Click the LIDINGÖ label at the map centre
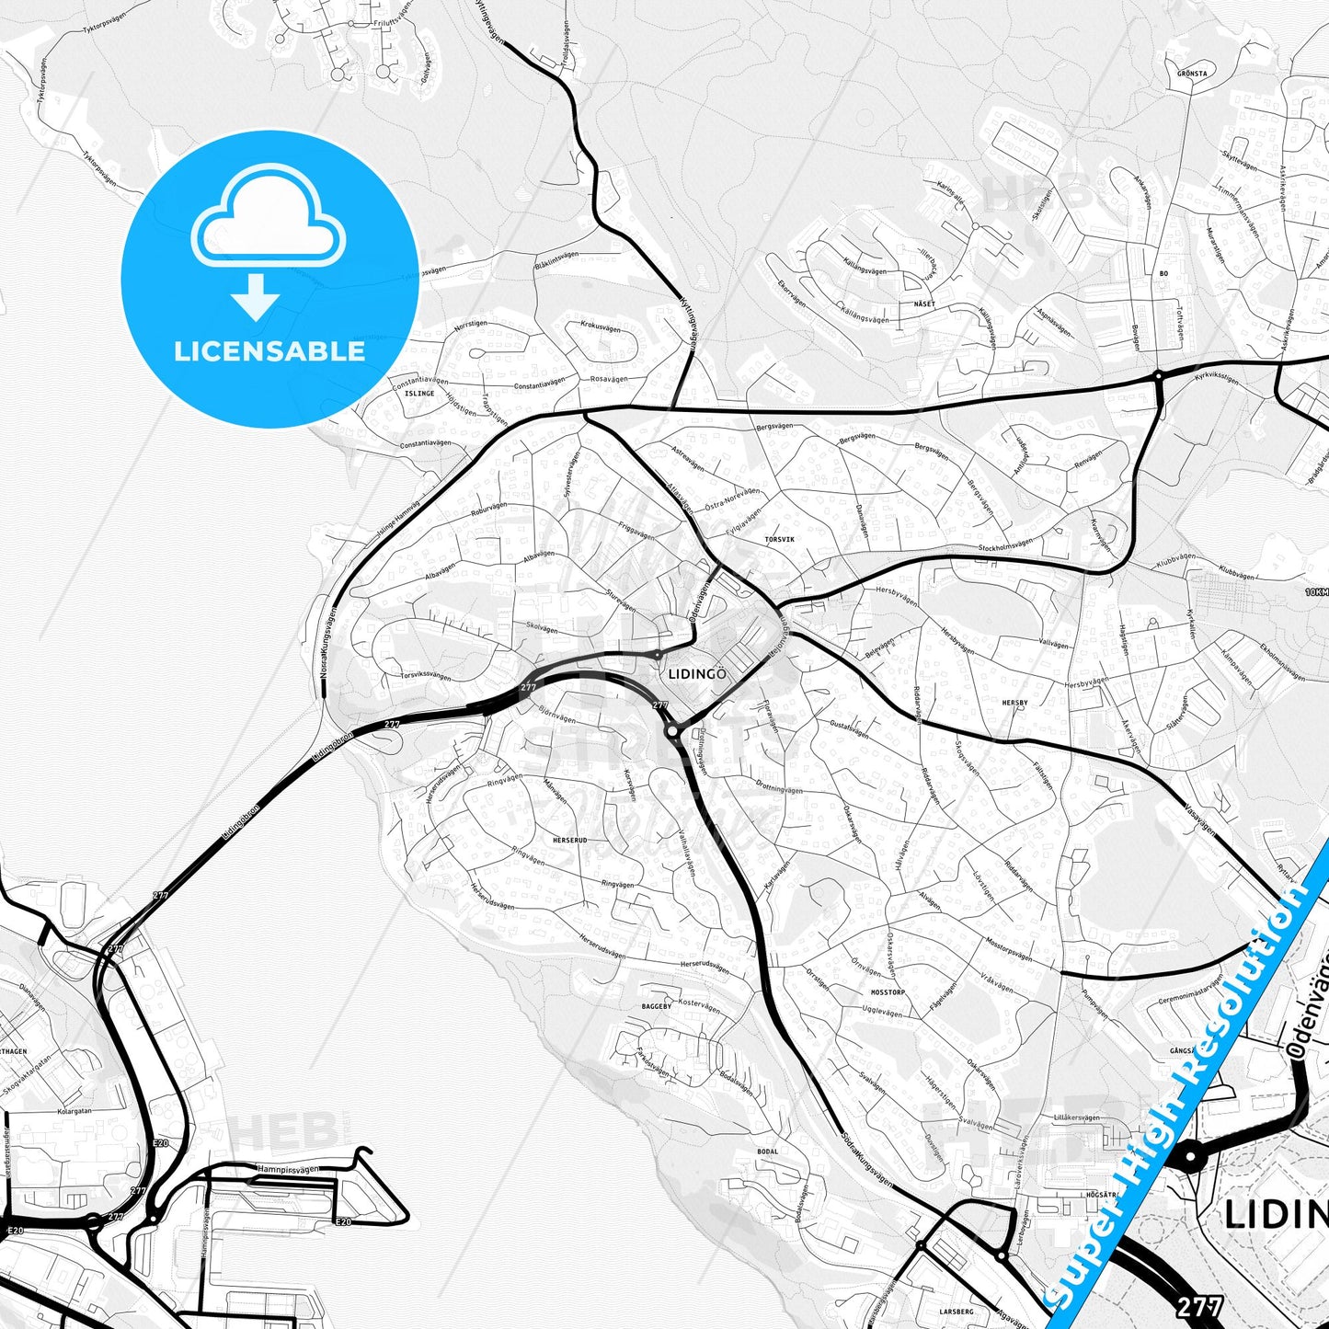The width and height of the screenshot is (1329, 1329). [697, 674]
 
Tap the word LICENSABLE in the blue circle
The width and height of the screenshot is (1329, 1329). [269, 350]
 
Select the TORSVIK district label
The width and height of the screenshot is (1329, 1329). [778, 539]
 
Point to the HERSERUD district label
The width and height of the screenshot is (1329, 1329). [568, 841]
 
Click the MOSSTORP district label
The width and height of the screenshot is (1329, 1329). [888, 992]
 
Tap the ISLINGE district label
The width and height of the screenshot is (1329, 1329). [419, 394]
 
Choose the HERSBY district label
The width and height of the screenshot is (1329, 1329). [1014, 703]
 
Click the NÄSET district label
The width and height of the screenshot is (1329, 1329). [925, 303]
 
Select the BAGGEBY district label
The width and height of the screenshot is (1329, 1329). [657, 1006]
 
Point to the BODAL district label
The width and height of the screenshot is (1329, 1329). [767, 1151]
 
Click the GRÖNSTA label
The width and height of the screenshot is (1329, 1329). [1192, 73]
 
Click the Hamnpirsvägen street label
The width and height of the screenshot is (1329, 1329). [288, 1169]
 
